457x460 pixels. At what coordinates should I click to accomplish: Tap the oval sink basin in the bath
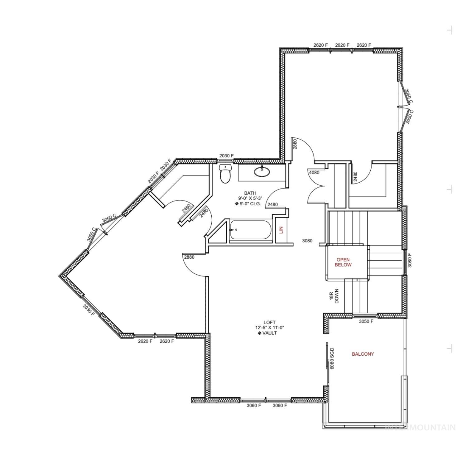point(262,171)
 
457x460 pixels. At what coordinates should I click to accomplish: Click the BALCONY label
point(363,354)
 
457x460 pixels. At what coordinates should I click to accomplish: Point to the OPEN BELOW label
point(343,262)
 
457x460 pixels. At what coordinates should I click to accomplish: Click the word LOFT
point(269,323)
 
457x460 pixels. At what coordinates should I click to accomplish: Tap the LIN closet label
point(281,230)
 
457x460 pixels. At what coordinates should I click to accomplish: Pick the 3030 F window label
point(89,310)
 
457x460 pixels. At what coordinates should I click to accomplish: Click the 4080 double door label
point(314,172)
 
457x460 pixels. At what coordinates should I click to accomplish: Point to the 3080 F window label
point(410,260)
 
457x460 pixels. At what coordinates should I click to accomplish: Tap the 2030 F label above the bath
point(226,156)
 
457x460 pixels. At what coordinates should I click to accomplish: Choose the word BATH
point(250,193)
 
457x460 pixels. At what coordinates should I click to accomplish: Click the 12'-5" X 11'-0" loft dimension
point(269,328)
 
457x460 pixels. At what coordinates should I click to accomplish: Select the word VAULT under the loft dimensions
point(269,333)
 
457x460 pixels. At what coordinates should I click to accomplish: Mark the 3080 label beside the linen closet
point(307,241)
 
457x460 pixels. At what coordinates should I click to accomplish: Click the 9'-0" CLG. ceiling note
point(250,204)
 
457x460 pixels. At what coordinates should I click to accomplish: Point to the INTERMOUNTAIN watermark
point(421,427)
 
